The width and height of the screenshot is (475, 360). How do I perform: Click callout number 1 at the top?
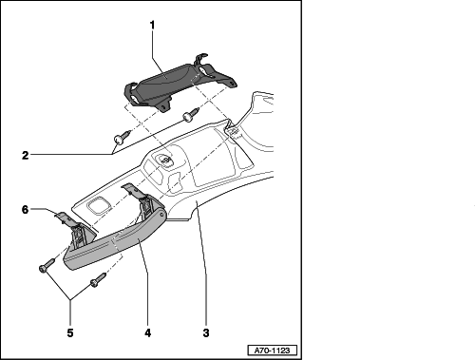click(x=153, y=25)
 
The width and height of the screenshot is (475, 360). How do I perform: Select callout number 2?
click(x=26, y=155)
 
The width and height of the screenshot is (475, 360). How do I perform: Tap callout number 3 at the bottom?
click(x=206, y=332)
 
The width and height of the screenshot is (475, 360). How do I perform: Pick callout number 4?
click(x=148, y=332)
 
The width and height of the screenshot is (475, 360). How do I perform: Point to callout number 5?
click(x=70, y=332)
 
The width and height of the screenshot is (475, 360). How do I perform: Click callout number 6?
click(x=26, y=209)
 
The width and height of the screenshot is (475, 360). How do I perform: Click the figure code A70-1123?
click(x=272, y=351)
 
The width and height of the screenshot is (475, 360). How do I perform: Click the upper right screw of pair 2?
click(x=190, y=115)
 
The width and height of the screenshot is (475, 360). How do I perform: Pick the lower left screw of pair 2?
click(x=122, y=137)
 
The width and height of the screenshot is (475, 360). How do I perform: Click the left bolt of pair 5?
click(x=47, y=265)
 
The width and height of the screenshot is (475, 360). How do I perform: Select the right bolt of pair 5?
click(x=98, y=280)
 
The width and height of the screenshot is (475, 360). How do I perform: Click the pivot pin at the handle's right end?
click(x=162, y=216)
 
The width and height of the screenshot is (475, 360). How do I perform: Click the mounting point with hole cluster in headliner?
click(x=164, y=160)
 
